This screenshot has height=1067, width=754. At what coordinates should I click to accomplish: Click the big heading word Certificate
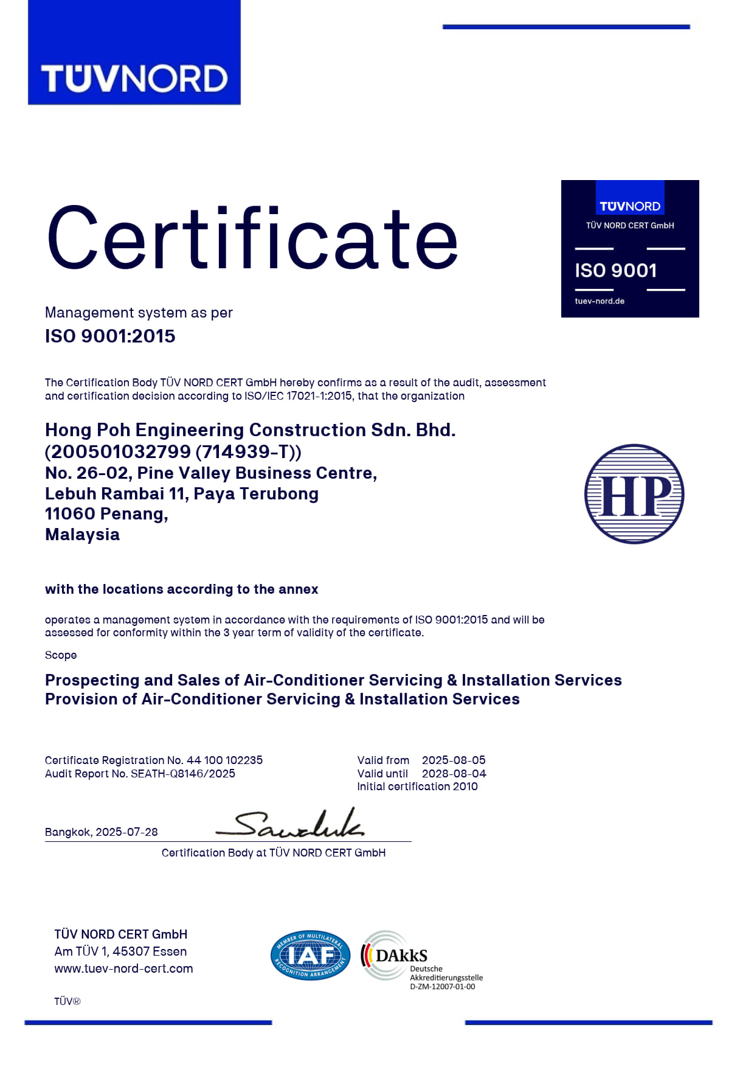[x=252, y=238]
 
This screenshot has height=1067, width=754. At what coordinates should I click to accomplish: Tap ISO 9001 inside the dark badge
[x=615, y=271]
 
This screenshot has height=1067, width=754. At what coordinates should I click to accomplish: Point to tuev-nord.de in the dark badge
[x=600, y=301]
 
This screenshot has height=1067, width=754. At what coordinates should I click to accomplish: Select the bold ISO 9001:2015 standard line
[x=110, y=336]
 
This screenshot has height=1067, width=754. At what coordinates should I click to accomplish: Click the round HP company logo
[x=634, y=493]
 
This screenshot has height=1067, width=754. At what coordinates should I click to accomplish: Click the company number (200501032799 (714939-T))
[x=173, y=451]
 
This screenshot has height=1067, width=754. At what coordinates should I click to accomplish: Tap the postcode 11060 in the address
[x=69, y=514]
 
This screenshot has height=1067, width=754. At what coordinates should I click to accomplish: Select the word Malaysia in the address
[x=82, y=535]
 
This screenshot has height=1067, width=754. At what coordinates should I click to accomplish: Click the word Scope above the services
[x=61, y=655]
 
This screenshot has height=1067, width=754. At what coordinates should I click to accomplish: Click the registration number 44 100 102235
[x=224, y=760]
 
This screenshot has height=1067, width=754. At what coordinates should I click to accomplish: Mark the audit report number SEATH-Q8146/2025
[x=182, y=774]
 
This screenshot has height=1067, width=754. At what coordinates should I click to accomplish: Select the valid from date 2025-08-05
[x=454, y=760]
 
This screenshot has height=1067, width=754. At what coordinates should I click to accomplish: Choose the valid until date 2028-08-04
[x=454, y=774]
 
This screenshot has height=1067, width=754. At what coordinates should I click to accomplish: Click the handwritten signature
[x=291, y=824]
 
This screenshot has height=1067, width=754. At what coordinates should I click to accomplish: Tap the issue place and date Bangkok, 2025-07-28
[x=102, y=832]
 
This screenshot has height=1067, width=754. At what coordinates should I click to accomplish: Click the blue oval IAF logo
[x=310, y=955]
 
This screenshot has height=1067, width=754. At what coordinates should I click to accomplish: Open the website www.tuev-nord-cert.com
[x=123, y=968]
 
